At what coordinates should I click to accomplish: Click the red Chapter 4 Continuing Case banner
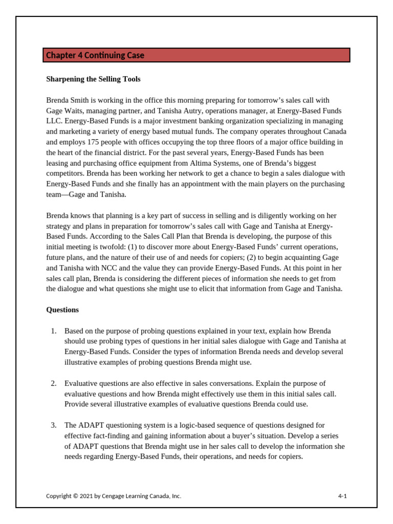coord(196,55)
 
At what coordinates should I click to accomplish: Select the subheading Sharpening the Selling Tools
coord(93,79)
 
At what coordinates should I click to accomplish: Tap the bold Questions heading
coord(62,310)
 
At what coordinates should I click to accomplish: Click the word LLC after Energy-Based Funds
coord(53,121)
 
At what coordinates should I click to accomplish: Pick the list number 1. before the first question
coord(54,331)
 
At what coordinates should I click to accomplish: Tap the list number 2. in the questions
coord(54,383)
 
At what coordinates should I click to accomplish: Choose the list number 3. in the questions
coord(54,425)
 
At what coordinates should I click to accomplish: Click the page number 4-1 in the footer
coord(342,496)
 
